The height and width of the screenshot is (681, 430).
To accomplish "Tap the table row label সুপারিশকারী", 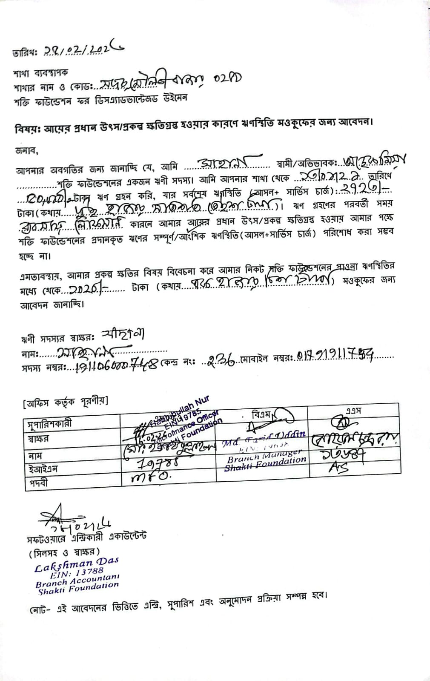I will click(x=50, y=423).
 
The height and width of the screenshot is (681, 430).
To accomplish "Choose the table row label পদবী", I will click(x=39, y=483).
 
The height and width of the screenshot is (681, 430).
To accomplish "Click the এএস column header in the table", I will click(x=353, y=411).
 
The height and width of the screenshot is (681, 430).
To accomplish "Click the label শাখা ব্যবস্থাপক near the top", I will click(x=40, y=73).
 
